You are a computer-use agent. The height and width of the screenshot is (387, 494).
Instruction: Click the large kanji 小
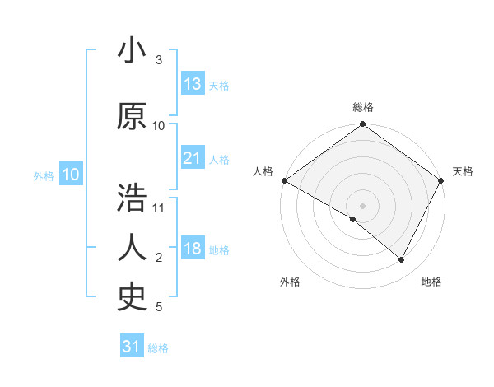point(132,51)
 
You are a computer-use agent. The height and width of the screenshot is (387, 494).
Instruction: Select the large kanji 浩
point(132,198)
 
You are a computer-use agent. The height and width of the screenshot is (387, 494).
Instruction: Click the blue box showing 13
point(193,84)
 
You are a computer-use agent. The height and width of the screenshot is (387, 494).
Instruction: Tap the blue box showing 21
point(193,158)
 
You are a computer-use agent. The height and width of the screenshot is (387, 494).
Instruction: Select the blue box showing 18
point(193,249)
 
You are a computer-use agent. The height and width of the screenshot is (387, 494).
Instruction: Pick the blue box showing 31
point(132,347)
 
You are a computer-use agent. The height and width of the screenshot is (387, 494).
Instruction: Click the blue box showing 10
point(70,175)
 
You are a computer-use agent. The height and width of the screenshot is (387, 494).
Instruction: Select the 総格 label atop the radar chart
point(362,107)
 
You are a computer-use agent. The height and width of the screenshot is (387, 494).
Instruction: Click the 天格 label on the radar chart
point(463,171)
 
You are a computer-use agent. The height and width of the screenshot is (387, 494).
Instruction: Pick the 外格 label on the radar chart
point(290,282)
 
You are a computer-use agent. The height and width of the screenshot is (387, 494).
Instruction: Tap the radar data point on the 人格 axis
point(284,180)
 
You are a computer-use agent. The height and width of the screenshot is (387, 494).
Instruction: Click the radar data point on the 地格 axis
point(402,259)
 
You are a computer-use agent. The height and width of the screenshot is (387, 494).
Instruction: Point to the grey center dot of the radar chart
point(362,205)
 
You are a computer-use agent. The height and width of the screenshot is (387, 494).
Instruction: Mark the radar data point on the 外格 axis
point(353,219)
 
